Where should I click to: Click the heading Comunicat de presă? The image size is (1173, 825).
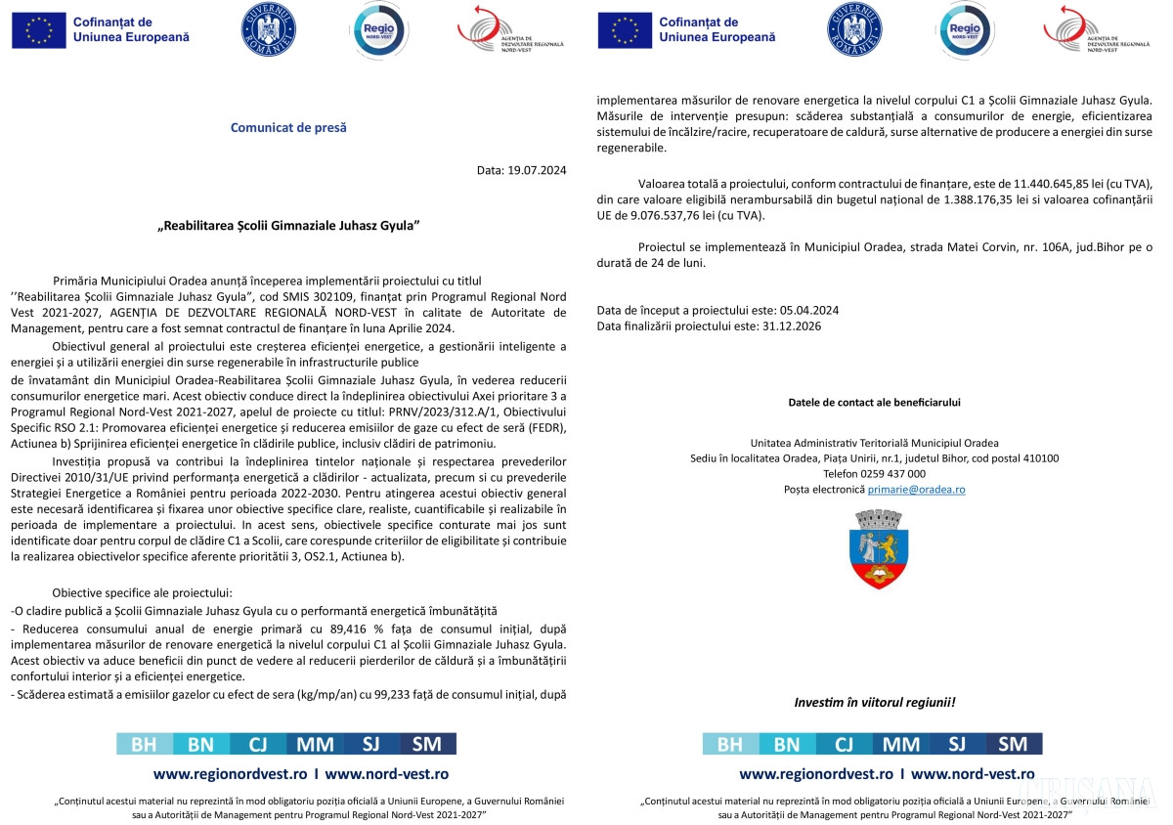(x=288, y=127)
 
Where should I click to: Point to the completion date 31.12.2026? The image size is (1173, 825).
(x=790, y=326)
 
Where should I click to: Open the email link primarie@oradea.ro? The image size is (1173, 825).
(x=916, y=489)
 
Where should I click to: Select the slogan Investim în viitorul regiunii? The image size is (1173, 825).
(x=874, y=702)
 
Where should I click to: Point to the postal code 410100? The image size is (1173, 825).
(x=1037, y=457)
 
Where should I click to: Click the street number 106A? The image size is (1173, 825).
(x=999, y=247)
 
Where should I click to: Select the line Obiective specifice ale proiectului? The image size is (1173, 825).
(x=142, y=592)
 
